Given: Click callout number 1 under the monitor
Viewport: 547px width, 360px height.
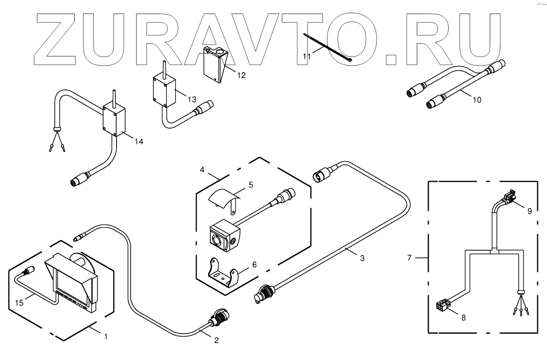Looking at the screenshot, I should click(106, 337).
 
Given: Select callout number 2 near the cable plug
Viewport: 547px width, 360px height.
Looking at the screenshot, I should click(216, 340).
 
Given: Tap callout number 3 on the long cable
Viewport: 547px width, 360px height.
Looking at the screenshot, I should click(362, 257).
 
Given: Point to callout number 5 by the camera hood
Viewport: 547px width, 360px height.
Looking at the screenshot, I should click(250, 185).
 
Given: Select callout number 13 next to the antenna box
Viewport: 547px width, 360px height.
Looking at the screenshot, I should click(192, 99).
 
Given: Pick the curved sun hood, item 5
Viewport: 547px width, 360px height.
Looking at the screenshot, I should click(225, 197).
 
